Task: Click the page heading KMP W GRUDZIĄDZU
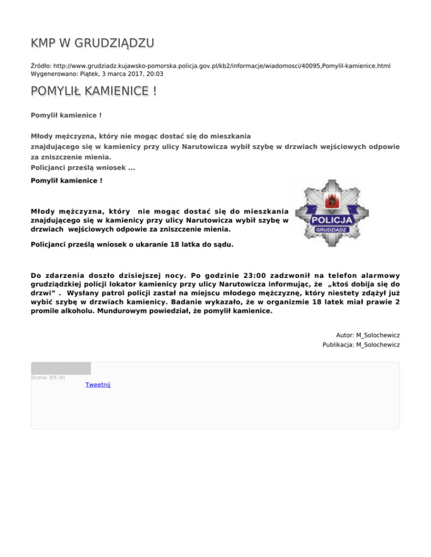pyautogui.click(x=93, y=43)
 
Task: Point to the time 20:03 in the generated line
pyautogui.click(x=155, y=73)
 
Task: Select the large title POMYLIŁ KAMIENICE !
pyautogui.click(x=93, y=91)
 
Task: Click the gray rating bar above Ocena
pyautogui.click(x=61, y=368)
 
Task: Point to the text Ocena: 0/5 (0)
pyautogui.click(x=48, y=377)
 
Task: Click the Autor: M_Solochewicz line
pyautogui.click(x=368, y=335)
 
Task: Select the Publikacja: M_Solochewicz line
pyautogui.click(x=361, y=345)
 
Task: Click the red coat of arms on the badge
pyautogui.click(x=331, y=198)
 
